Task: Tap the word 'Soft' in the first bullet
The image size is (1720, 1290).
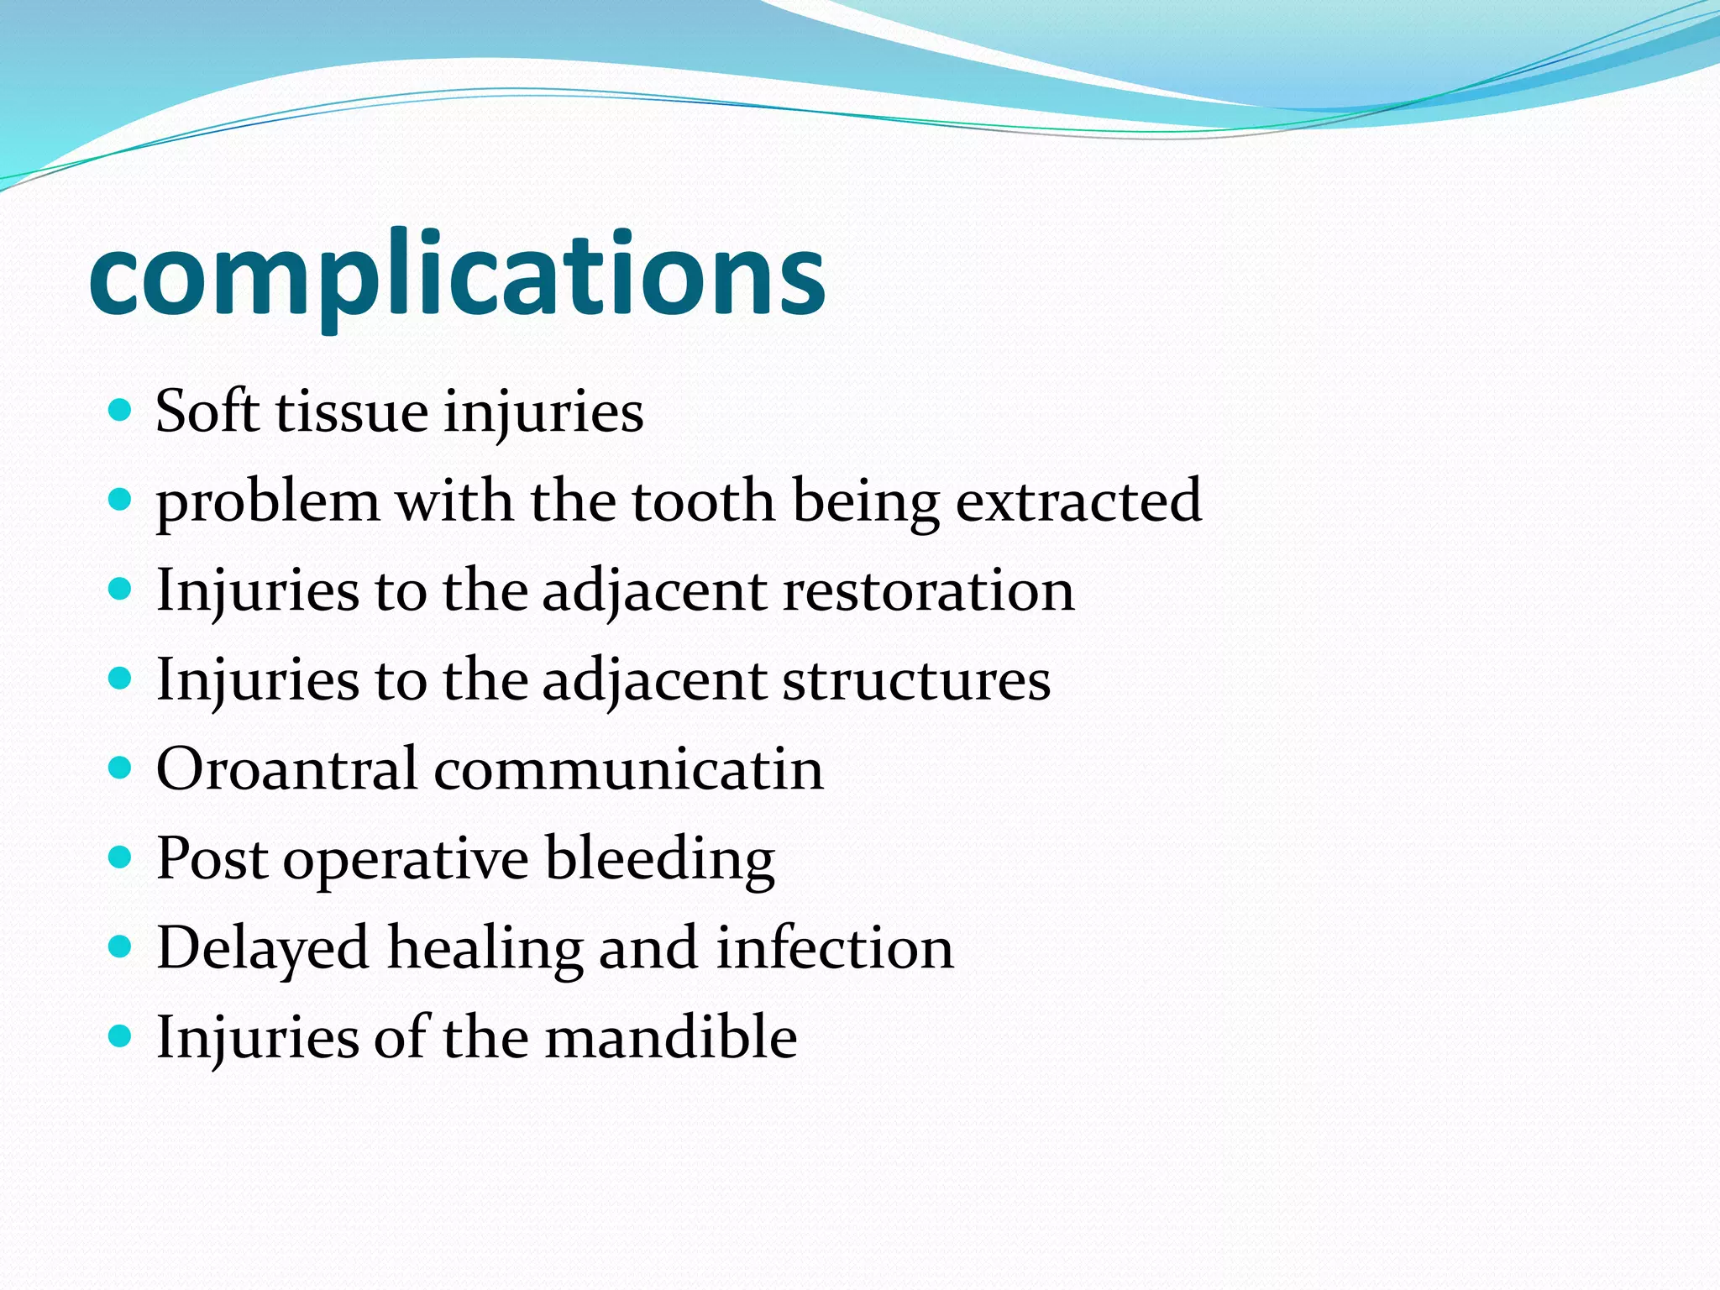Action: pyautogui.click(x=207, y=412)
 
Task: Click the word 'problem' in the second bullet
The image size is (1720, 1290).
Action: pyautogui.click(x=268, y=502)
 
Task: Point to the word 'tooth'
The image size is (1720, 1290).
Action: pyautogui.click(x=703, y=501)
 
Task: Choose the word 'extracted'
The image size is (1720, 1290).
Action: pyautogui.click(x=1078, y=501)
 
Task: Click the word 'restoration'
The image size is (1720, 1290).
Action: pyautogui.click(x=928, y=590)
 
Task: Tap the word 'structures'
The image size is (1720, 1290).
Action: pyautogui.click(x=916, y=679)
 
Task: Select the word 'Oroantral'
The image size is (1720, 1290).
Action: pyautogui.click(x=286, y=768)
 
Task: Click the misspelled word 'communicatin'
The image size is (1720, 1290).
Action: pyautogui.click(x=628, y=768)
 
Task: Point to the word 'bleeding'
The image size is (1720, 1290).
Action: pyautogui.click(x=659, y=859)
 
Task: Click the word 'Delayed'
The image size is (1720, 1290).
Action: pyautogui.click(x=263, y=948)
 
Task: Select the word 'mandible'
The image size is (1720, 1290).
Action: pyautogui.click(x=670, y=1037)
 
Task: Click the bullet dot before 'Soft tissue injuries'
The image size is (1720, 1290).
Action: pyautogui.click(x=121, y=411)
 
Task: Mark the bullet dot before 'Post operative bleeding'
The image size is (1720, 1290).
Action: pyautogui.click(x=121, y=857)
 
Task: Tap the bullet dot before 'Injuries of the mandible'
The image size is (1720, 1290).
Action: pyautogui.click(x=121, y=1036)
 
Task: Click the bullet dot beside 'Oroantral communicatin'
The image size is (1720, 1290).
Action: pyautogui.click(x=121, y=768)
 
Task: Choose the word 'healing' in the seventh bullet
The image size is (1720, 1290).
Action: pyautogui.click(x=485, y=949)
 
